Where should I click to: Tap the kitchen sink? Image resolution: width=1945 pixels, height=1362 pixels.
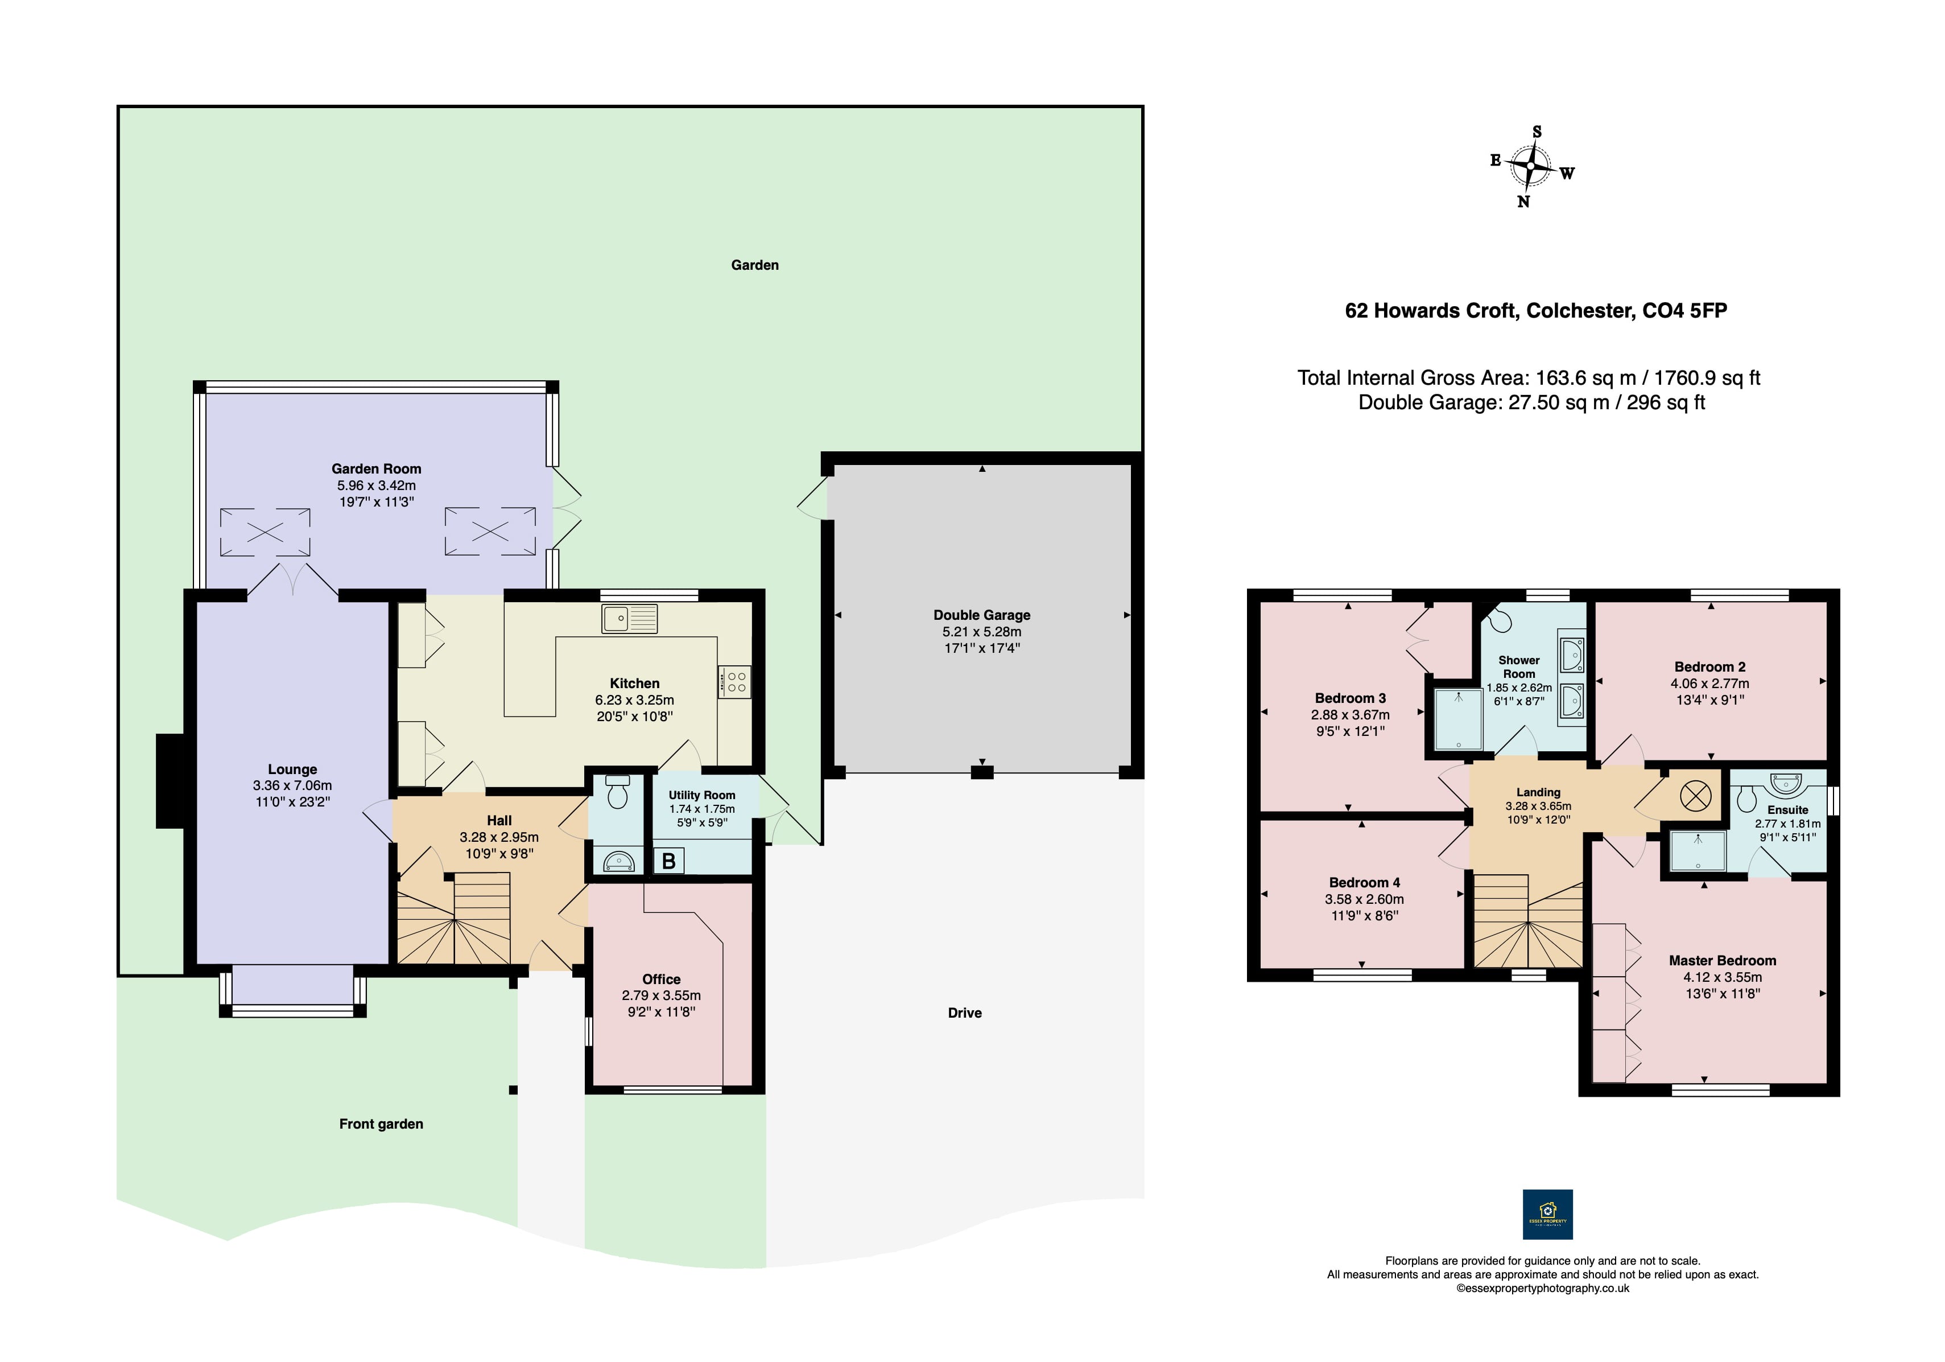(629, 618)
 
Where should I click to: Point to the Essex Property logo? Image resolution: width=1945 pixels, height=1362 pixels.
(1548, 1215)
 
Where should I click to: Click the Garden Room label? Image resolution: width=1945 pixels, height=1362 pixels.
(376, 468)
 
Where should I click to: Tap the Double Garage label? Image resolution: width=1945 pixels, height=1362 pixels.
(982, 615)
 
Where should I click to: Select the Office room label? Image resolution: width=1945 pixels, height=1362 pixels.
(661, 979)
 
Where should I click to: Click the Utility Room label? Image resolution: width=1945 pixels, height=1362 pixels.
(701, 795)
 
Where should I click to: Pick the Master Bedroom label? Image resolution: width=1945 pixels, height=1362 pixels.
(1722, 960)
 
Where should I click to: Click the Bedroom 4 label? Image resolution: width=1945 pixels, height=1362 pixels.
(1364, 882)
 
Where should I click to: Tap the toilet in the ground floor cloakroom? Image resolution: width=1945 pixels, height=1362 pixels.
(618, 792)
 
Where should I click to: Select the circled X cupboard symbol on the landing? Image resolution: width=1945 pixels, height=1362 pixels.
(1695, 796)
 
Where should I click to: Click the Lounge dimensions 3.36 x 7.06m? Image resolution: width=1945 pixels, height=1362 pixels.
(292, 785)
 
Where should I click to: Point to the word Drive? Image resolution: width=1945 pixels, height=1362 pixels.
(965, 1013)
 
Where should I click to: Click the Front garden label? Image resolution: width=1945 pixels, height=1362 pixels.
(381, 1124)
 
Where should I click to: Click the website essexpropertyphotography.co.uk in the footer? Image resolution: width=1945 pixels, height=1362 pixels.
(1543, 1288)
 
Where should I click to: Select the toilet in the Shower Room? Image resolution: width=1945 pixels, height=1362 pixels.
(1500, 618)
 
